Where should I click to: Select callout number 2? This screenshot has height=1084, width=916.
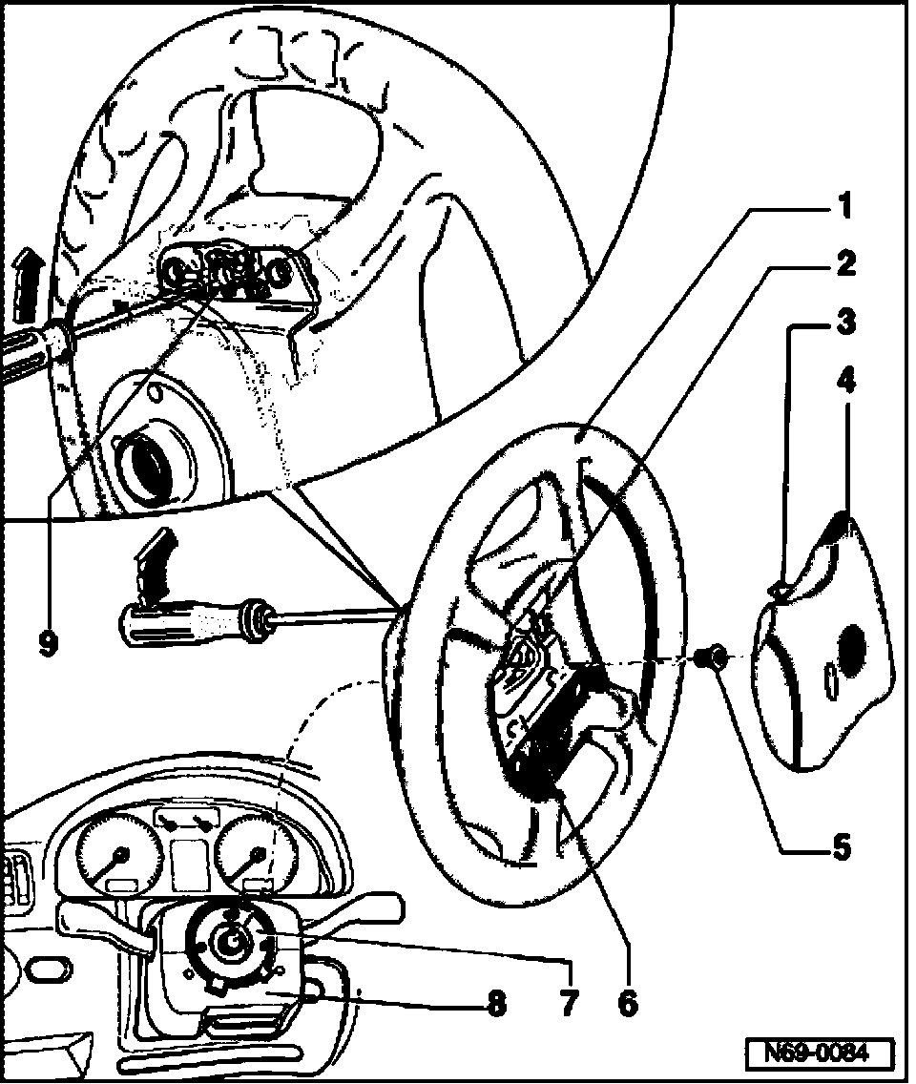[843, 264]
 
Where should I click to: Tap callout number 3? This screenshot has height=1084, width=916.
[843, 323]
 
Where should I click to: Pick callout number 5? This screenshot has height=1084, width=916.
[840, 847]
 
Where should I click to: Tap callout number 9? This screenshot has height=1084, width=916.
[47, 642]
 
